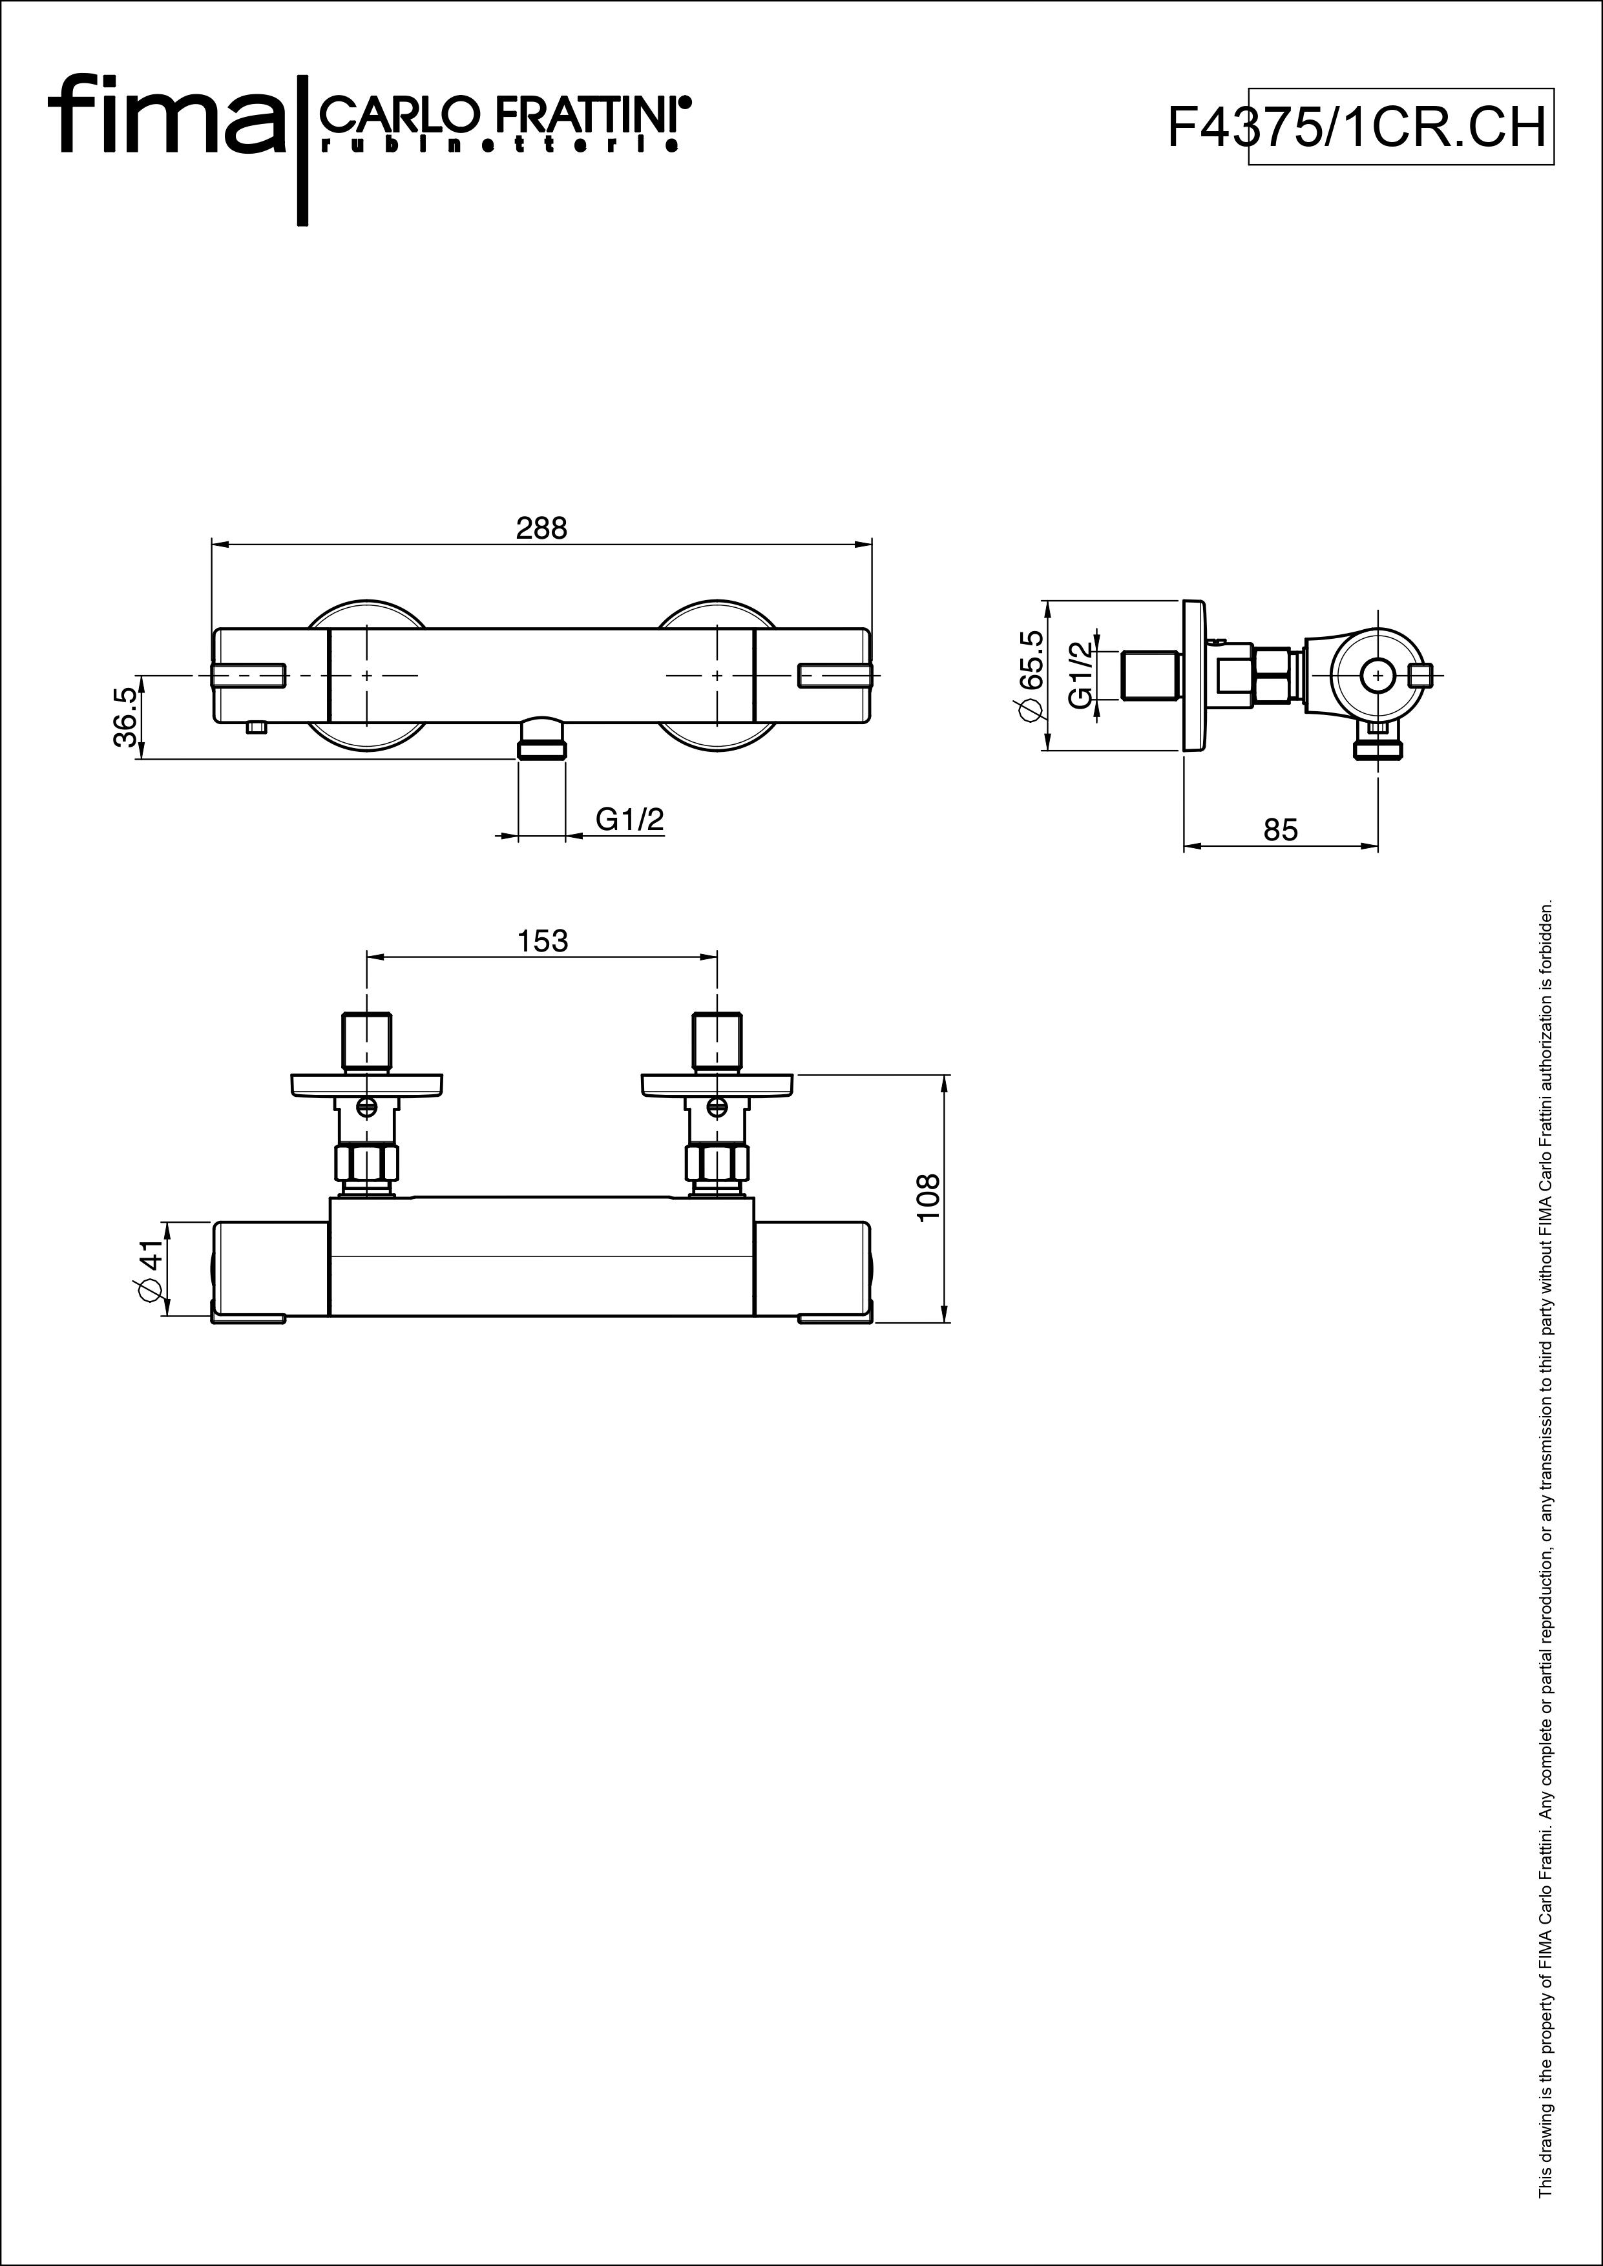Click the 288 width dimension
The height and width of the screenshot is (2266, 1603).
click(542, 529)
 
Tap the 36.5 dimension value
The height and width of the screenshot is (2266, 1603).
click(125, 718)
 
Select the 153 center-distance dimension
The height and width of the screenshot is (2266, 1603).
click(543, 942)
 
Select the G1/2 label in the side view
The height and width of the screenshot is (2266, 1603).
click(1081, 675)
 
